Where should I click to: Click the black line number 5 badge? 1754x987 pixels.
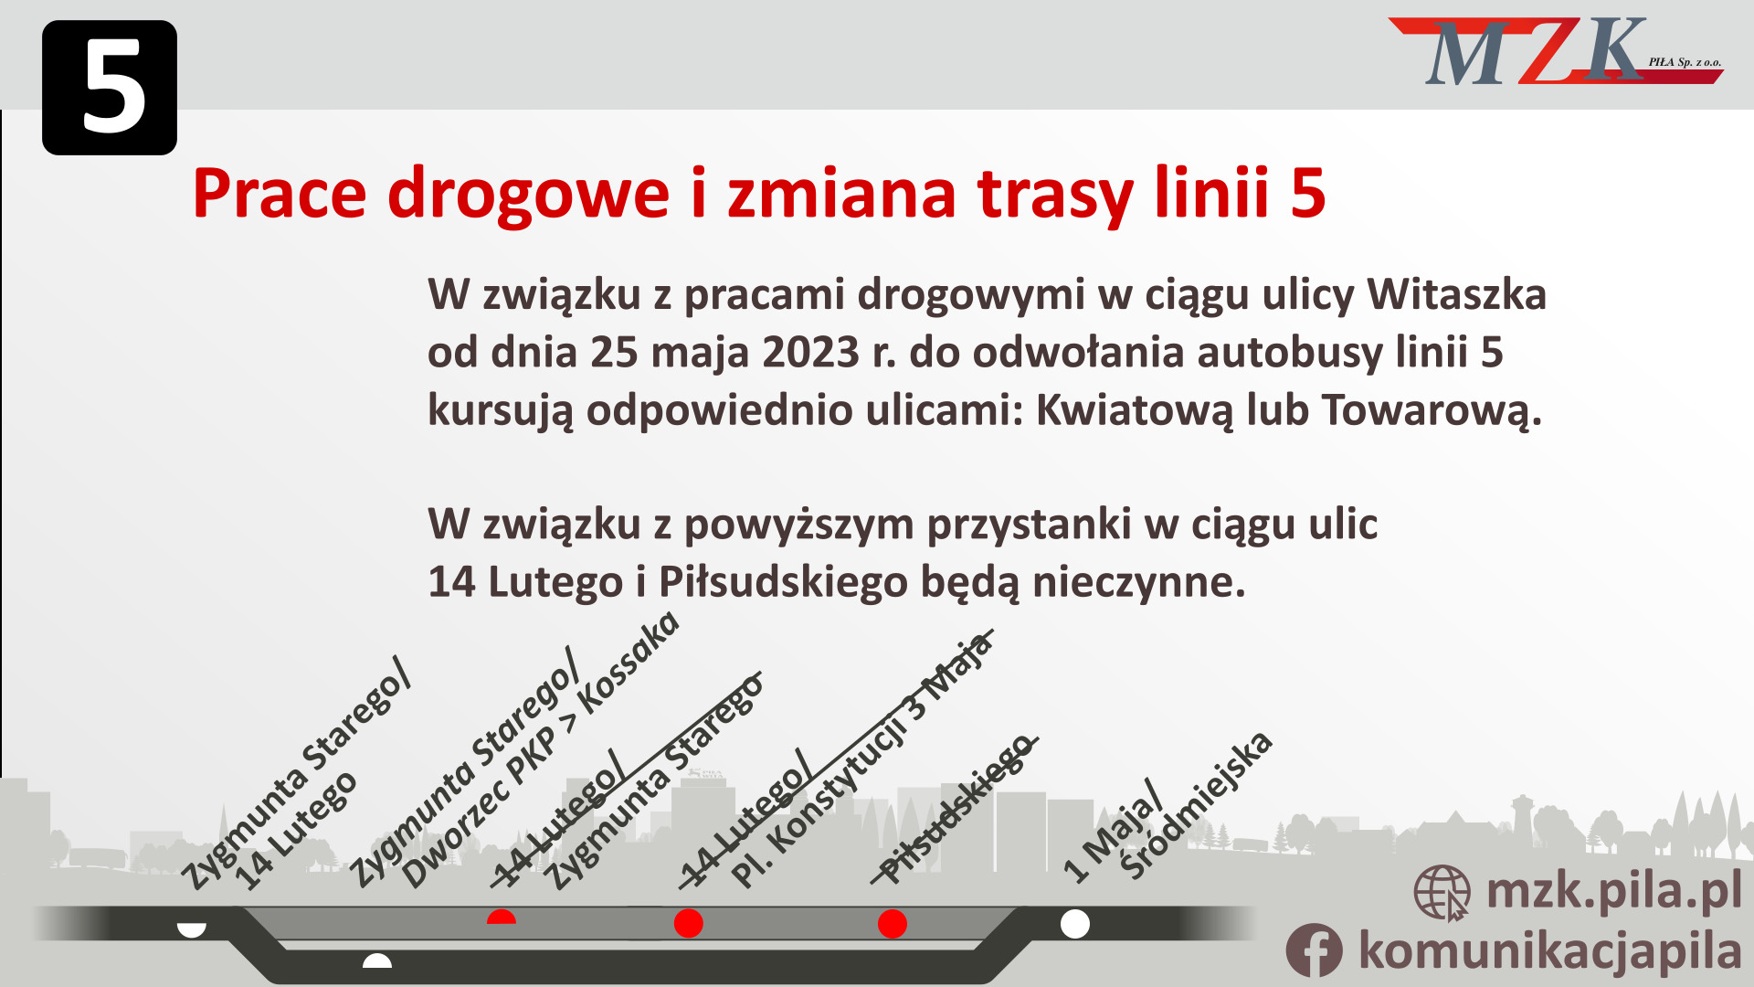point(110,88)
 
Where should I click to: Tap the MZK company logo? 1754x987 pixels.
point(1553,52)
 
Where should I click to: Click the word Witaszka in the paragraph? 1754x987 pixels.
point(1456,294)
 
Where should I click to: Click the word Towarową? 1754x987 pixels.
point(1432,410)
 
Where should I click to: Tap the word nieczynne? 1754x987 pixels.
point(1138,582)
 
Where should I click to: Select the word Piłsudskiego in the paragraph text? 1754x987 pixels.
point(783,582)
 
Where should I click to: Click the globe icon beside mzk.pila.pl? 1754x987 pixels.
point(1442,893)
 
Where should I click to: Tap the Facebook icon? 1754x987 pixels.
point(1314,950)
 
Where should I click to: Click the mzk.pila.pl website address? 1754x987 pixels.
point(1613,891)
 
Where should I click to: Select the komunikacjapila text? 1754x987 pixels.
point(1549,950)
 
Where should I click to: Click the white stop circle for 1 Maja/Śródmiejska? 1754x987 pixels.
point(1075,924)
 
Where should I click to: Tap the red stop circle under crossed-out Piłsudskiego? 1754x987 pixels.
point(892,924)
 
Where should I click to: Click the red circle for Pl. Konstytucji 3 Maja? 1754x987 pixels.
point(688,923)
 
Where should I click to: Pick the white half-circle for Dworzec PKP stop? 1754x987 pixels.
point(377,961)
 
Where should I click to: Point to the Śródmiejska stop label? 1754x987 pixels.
point(1197,804)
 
